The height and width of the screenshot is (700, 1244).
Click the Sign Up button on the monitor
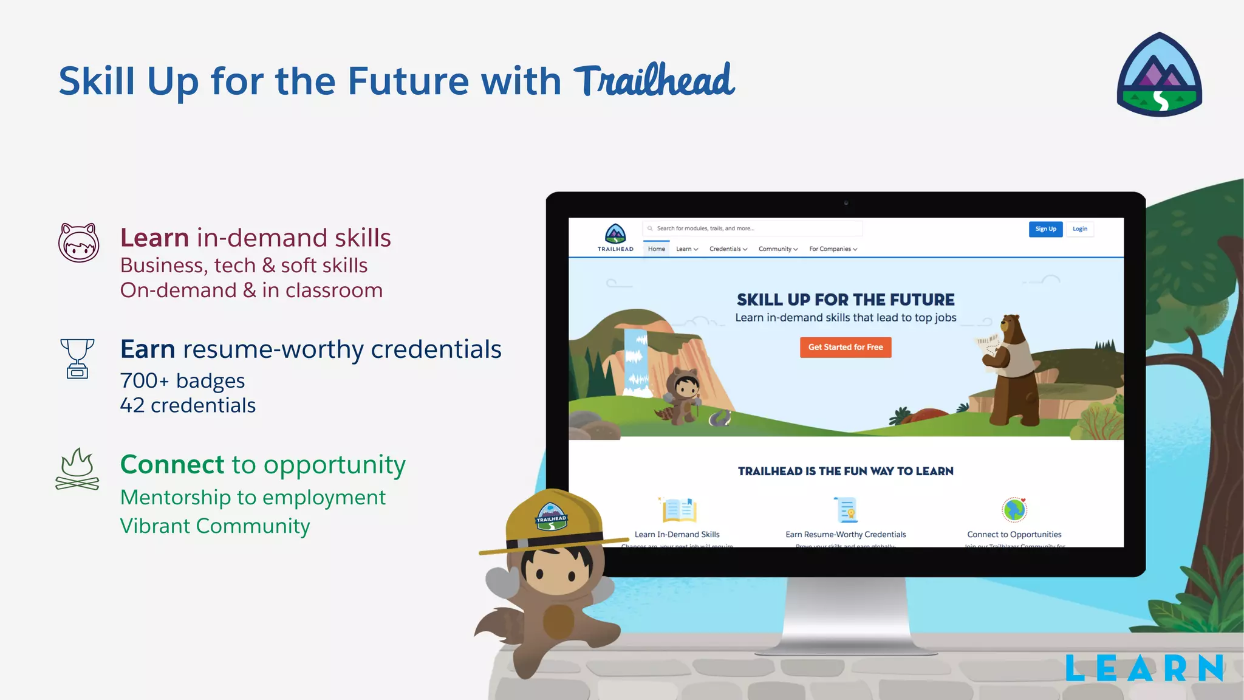(x=1045, y=229)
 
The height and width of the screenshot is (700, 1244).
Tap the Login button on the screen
(x=1079, y=229)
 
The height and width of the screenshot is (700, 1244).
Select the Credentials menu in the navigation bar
(x=728, y=249)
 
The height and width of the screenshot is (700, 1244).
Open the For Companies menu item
(x=833, y=249)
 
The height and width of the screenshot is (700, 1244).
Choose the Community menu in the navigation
(x=777, y=249)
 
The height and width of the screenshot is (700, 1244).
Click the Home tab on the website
(x=656, y=249)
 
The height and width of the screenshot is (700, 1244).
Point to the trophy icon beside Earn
(x=77, y=359)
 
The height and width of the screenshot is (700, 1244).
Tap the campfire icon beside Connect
(x=77, y=470)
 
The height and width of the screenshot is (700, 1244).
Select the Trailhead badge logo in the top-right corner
(x=1159, y=75)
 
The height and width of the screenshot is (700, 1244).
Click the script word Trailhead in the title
(x=654, y=81)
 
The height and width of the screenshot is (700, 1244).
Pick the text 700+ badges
(x=182, y=381)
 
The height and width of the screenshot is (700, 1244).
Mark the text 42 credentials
(x=188, y=405)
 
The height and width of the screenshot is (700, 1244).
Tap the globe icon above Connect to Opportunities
(x=1014, y=510)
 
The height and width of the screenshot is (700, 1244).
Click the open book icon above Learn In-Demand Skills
(x=677, y=510)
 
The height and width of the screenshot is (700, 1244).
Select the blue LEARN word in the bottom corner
(x=1144, y=668)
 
